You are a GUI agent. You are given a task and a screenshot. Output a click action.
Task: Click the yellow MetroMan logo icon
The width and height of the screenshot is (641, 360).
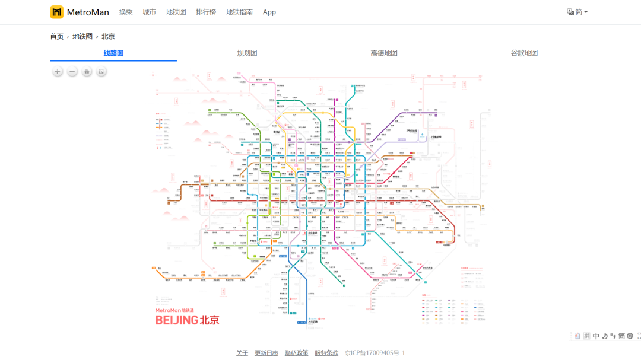[x=56, y=12]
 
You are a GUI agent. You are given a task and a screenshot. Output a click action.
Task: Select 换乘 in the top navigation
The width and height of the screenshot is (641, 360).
[x=126, y=12]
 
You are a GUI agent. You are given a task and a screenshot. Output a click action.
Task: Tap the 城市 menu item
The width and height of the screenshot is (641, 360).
[x=149, y=12]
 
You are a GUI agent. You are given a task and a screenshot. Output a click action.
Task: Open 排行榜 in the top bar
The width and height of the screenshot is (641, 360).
[x=206, y=12]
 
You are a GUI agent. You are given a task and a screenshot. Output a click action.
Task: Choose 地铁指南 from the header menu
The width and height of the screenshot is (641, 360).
[x=239, y=12]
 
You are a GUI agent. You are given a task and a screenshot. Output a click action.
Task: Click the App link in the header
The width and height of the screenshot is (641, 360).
[x=269, y=12]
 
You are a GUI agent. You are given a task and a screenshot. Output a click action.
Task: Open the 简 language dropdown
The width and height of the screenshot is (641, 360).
[x=577, y=12]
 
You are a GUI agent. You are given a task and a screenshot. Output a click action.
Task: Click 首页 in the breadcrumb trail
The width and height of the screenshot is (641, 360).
[x=56, y=36]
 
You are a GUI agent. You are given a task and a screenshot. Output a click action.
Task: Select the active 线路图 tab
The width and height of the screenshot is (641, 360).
[x=113, y=53]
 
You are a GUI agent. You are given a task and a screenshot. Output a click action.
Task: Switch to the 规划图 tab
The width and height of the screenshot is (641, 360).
[x=247, y=53]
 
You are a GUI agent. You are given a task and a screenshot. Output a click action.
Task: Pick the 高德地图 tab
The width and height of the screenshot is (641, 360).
[x=384, y=53]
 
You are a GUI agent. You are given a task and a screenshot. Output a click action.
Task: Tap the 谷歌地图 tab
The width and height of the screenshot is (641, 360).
[x=524, y=53]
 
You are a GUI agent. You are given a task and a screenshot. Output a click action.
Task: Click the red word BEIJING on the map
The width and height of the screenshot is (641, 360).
[x=176, y=320]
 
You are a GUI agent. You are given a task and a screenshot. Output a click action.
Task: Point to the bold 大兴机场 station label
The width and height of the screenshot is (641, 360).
[x=313, y=322]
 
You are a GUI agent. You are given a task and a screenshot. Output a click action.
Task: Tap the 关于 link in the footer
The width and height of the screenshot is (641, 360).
[x=242, y=353]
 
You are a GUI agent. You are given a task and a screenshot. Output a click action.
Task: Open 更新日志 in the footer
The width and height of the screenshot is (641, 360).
[x=266, y=353]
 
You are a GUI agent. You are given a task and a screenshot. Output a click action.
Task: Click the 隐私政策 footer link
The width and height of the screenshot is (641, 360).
[x=296, y=353]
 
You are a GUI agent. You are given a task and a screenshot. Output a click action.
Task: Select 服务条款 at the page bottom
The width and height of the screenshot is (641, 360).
[x=326, y=353]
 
